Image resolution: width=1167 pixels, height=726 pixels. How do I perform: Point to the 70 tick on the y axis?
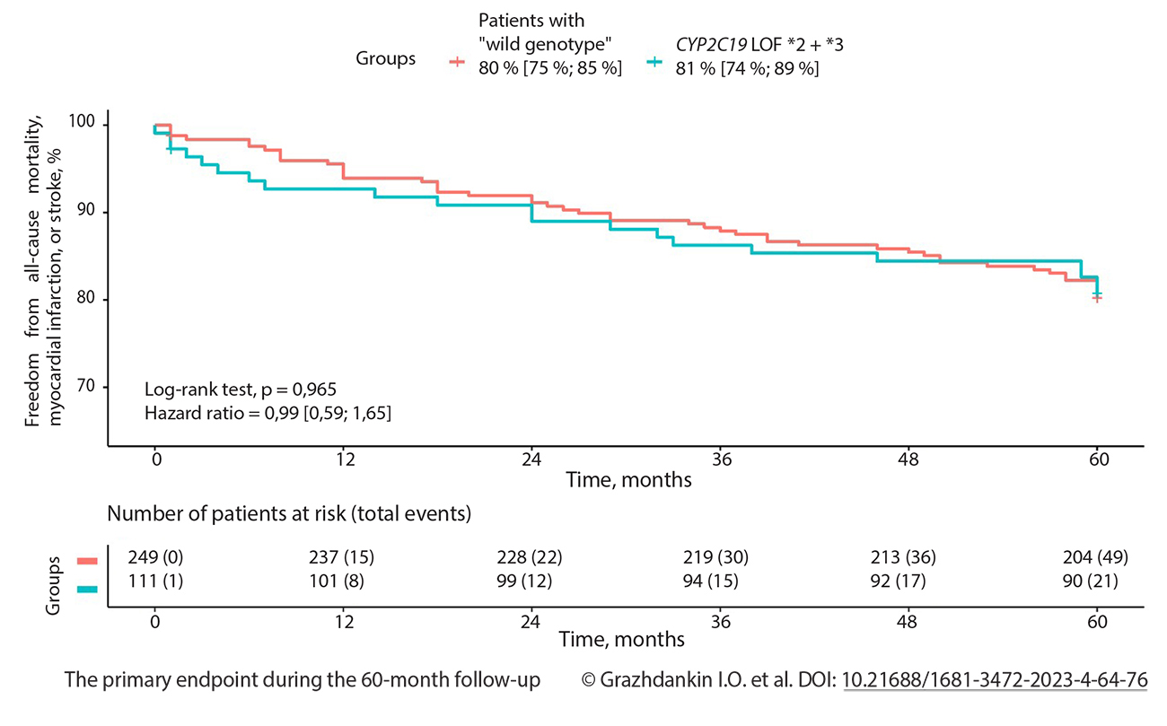click(x=90, y=388)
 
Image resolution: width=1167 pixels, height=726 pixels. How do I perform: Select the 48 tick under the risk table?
click(x=908, y=621)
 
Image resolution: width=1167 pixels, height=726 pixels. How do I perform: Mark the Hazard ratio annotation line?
click(x=267, y=414)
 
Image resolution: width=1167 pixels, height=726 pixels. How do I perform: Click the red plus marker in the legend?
click(x=457, y=62)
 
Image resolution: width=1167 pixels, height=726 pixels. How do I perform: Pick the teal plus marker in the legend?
click(x=656, y=62)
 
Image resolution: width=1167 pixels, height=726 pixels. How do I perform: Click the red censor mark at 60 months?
click(x=1097, y=298)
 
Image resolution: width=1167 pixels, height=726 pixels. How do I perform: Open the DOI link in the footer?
click(x=995, y=680)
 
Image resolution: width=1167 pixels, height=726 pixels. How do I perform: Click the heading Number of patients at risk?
click(x=289, y=514)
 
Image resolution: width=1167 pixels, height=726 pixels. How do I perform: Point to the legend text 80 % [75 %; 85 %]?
click(x=550, y=68)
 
